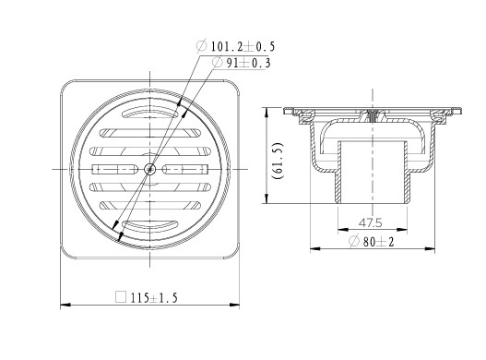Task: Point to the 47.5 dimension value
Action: click(370, 222)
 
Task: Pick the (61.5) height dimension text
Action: click(277, 161)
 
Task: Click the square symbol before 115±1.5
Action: click(121, 297)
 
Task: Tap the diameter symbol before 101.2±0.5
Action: click(201, 46)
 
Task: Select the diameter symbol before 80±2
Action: click(353, 241)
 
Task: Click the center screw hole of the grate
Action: click(150, 169)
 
